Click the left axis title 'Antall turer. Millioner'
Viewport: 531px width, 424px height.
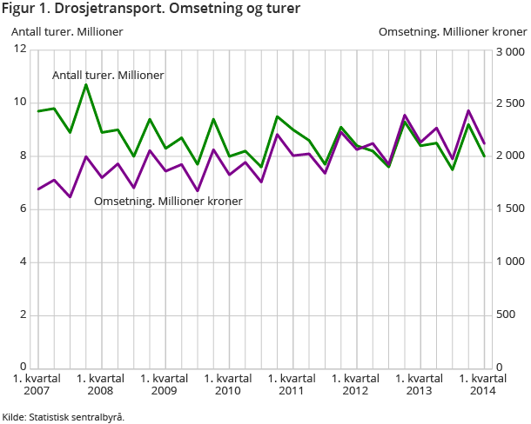tap(67, 31)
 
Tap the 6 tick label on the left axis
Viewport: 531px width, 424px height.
tap(24, 209)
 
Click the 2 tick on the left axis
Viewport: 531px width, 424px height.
tap(24, 315)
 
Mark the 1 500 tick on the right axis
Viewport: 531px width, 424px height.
tap(509, 209)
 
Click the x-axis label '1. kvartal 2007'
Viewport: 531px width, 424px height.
tap(37, 385)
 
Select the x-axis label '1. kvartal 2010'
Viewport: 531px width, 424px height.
tap(227, 385)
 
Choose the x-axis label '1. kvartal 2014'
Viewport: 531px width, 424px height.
tap(482, 385)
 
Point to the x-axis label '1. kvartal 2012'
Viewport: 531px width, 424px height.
tap(355, 385)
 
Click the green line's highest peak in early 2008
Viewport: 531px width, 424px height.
tap(85, 84)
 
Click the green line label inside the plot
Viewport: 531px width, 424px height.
tap(108, 76)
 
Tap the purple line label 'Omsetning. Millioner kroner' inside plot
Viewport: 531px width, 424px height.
tap(168, 201)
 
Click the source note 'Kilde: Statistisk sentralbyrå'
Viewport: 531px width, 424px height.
tap(64, 417)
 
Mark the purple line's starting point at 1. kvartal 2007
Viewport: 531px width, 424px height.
tap(38, 189)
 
